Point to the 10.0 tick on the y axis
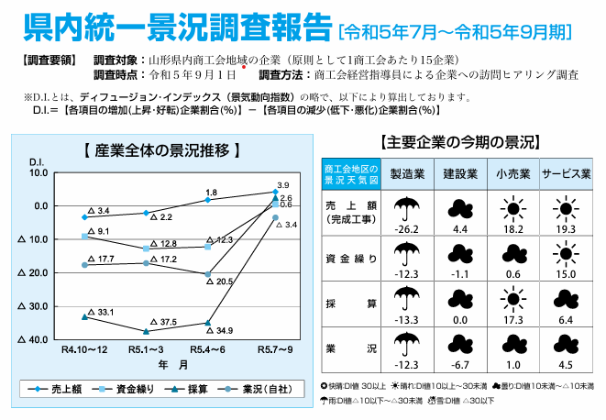click(x=39, y=171)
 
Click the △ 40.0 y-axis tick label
click(x=34, y=340)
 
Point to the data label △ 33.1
click(x=99, y=313)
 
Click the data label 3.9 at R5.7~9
click(x=282, y=185)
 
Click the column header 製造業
click(x=406, y=173)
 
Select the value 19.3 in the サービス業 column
click(x=565, y=229)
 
